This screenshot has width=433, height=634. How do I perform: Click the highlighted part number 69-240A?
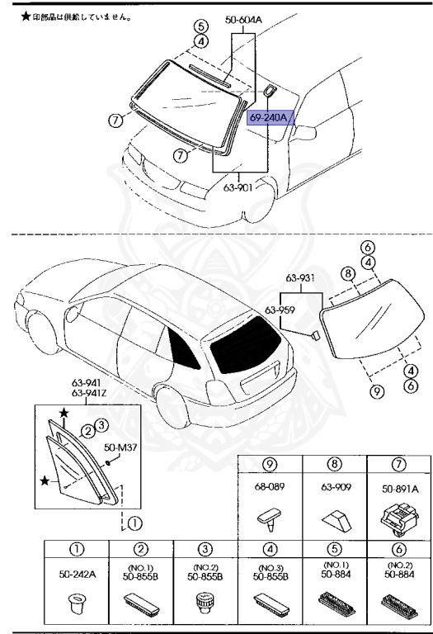(x=268, y=118)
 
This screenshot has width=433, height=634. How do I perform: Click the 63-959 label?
(x=281, y=311)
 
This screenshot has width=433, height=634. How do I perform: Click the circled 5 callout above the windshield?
(x=200, y=26)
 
